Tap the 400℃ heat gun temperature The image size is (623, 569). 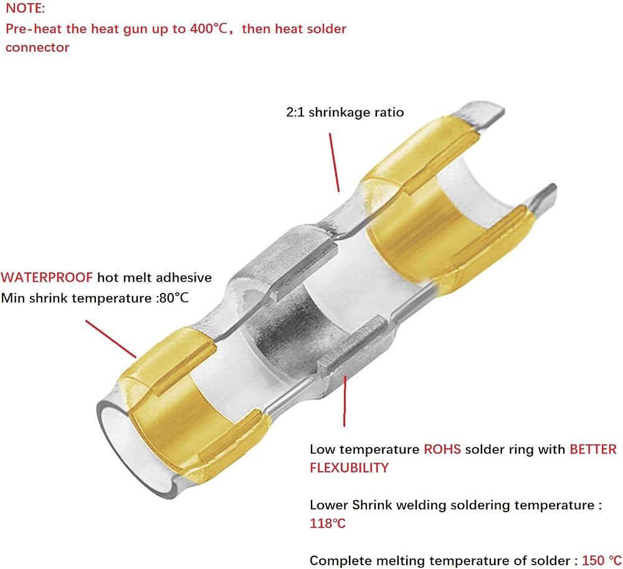(209, 29)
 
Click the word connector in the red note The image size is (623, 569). (37, 47)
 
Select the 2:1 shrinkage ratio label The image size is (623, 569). (345, 112)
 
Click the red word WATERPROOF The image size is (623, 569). (47, 277)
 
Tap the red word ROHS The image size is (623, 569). (442, 449)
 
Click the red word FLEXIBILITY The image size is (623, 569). (350, 467)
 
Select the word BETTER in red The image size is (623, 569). (593, 449)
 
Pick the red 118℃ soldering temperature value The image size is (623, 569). (328, 524)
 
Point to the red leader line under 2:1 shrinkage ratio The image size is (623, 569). (334, 163)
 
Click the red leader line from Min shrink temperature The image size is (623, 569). (111, 339)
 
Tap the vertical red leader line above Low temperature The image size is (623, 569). (345, 401)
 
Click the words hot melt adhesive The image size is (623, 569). (155, 277)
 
